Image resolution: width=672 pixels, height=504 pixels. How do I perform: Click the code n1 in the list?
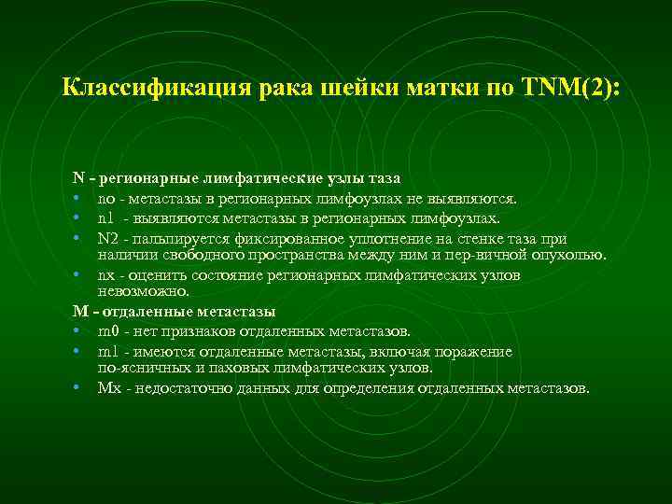(x=105, y=218)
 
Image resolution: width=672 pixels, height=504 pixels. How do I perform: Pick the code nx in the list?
(x=105, y=275)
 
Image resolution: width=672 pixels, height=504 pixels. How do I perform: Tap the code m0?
(x=107, y=331)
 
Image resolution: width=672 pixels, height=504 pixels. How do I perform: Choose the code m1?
(x=107, y=351)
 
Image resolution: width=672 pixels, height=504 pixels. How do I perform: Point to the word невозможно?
(x=142, y=291)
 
